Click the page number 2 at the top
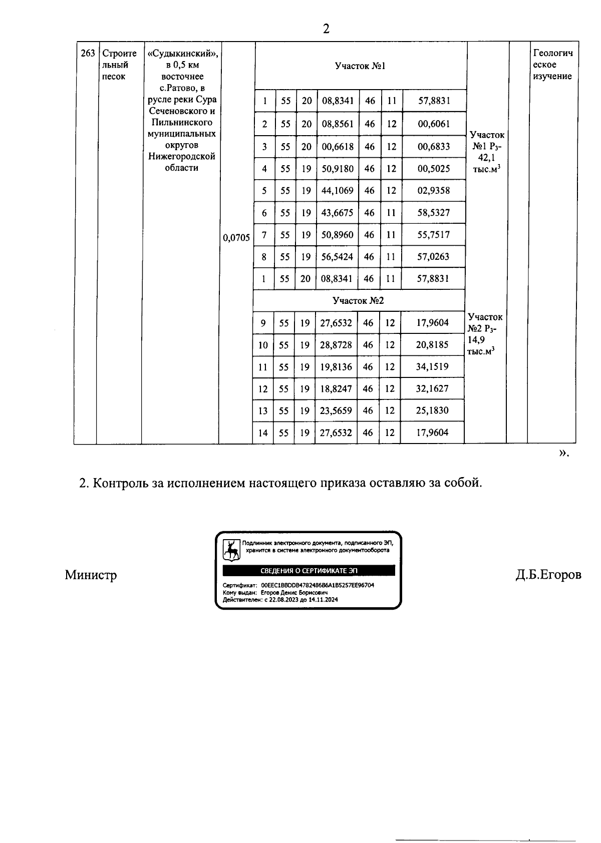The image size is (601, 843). (x=326, y=29)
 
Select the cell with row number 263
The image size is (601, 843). (x=87, y=53)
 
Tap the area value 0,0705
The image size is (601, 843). (x=236, y=238)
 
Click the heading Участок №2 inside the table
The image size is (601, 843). (x=358, y=300)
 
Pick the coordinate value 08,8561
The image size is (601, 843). (x=338, y=124)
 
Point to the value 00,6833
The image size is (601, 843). (x=434, y=147)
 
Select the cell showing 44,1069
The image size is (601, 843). (x=337, y=191)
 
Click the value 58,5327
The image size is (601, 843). (x=433, y=213)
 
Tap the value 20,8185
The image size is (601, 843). (x=432, y=345)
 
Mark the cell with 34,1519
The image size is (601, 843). (x=432, y=367)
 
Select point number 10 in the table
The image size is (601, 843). (x=263, y=345)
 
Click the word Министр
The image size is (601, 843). (x=91, y=575)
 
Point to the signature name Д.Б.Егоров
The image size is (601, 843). (x=548, y=575)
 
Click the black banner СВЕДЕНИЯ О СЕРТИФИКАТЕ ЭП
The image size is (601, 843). (x=309, y=571)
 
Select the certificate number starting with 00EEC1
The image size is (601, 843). (x=318, y=585)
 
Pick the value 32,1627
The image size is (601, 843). (x=432, y=389)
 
